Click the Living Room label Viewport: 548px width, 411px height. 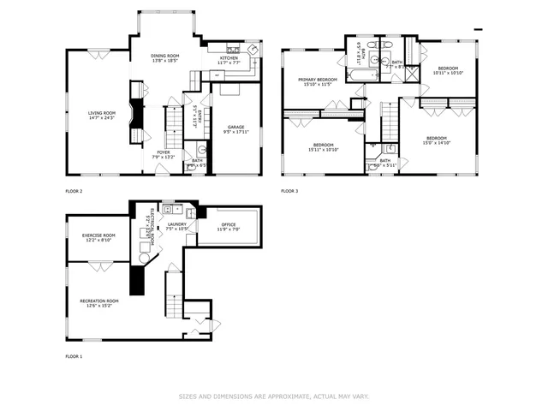[x=102, y=112]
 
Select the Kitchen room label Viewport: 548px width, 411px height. [x=229, y=57]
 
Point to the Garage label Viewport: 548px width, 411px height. [x=235, y=127]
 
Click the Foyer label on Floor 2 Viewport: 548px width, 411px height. [x=163, y=152]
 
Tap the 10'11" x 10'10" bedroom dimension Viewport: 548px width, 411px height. [x=449, y=73]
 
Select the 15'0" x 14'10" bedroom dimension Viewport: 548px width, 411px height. [x=436, y=144]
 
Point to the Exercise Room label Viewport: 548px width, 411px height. [x=98, y=235]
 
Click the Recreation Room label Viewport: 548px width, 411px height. [x=99, y=301]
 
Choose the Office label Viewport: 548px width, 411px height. [x=229, y=224]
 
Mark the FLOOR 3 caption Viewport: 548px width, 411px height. [x=290, y=190]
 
